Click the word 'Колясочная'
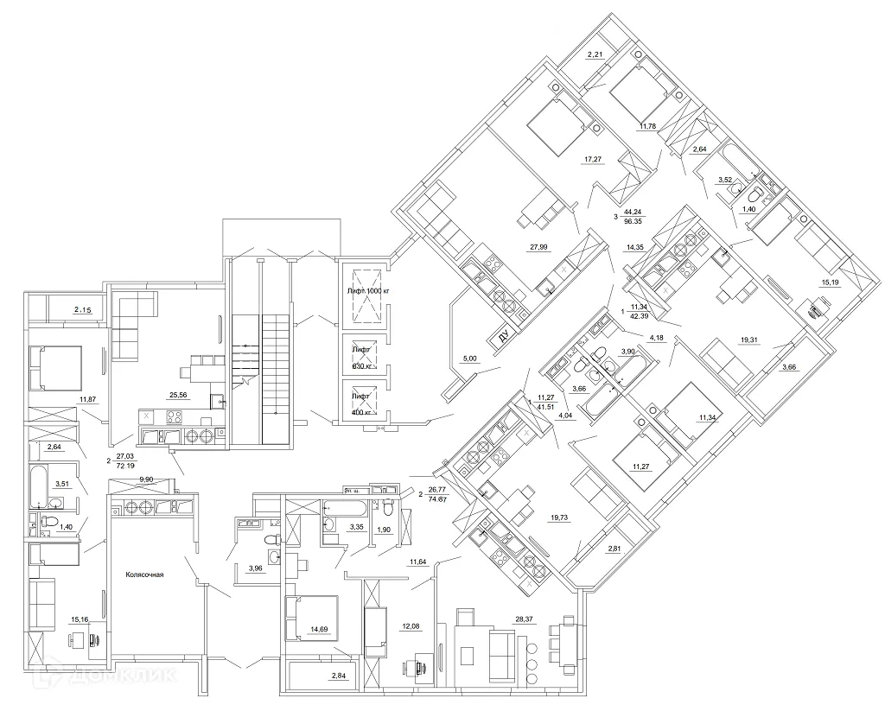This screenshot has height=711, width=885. click(x=144, y=574)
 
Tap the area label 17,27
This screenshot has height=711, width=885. click(x=593, y=159)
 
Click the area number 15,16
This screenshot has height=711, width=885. click(x=80, y=619)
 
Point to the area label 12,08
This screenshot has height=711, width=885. click(x=409, y=625)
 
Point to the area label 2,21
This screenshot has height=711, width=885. click(x=595, y=56)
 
